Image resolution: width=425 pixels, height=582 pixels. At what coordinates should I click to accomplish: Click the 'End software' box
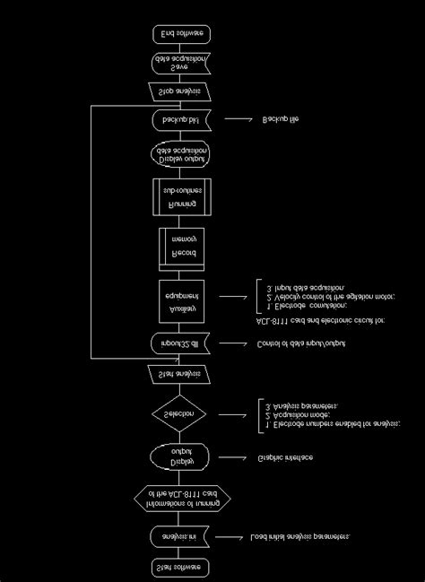point(181,33)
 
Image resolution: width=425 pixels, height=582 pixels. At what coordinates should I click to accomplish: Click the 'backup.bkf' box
point(181,118)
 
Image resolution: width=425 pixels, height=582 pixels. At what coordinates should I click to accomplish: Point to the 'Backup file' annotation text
point(281,118)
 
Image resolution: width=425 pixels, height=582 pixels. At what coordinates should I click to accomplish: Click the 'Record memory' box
point(181,248)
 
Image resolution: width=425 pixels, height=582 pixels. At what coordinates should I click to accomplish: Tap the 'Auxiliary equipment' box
point(181,298)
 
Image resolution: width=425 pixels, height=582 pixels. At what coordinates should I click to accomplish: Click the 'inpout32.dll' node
point(181,343)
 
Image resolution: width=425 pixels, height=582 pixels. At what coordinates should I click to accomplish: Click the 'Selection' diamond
point(181,413)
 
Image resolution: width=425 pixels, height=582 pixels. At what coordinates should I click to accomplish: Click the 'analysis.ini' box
point(181,536)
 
